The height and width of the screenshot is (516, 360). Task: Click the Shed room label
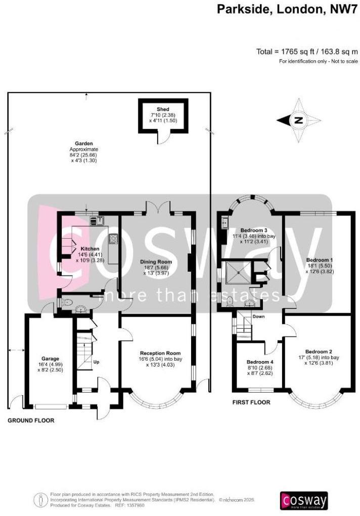point(162,109)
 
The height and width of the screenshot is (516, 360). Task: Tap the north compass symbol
point(298,120)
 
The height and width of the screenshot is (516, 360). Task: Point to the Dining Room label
point(156,262)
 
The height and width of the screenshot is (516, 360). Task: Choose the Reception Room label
point(160,353)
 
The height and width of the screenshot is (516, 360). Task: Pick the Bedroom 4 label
point(260,362)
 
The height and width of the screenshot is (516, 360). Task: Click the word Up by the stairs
point(96,362)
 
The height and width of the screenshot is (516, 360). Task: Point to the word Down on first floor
point(258,317)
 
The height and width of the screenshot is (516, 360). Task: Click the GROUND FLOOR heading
point(30,420)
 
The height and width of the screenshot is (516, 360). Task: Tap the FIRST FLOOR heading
point(251,403)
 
